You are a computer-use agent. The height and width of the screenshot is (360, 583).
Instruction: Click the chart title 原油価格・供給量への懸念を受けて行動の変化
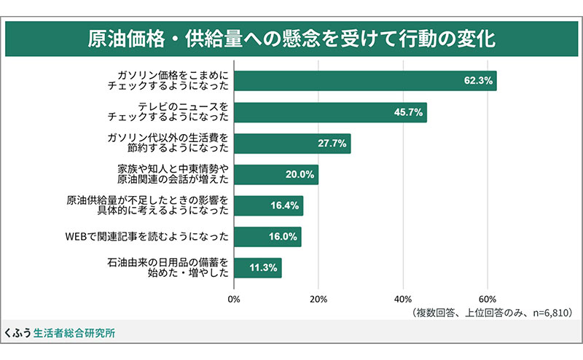pos(291,38)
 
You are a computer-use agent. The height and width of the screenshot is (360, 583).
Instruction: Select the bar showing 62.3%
pos(364,81)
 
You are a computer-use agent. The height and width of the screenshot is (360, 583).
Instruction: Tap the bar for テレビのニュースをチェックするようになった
pos(329,112)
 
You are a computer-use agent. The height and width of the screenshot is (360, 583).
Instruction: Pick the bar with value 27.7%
pos(291,144)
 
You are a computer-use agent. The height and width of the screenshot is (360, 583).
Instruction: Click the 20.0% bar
pos(275,175)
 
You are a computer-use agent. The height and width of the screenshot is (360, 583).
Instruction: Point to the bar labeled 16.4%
pos(268,206)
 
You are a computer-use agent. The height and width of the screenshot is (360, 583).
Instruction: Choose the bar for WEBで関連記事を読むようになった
pos(267,237)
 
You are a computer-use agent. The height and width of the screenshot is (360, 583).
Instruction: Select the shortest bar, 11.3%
pos(257,268)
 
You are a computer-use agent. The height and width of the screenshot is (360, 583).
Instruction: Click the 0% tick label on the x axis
pos(234,300)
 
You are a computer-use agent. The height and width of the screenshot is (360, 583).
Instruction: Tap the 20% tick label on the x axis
pos(318,300)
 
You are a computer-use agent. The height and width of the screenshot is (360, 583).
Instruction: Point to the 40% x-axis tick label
pos(403,300)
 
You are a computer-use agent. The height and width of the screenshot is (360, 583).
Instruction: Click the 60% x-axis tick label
pos(488,300)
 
